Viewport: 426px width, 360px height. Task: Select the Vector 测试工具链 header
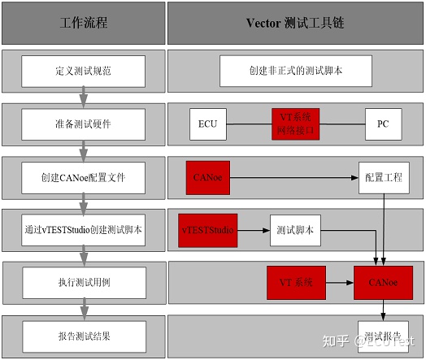[295, 23]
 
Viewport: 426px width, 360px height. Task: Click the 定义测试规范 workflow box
[84, 72]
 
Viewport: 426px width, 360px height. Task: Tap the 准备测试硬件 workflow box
[84, 124]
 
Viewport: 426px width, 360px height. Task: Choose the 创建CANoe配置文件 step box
[84, 177]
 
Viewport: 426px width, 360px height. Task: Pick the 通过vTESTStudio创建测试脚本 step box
[84, 230]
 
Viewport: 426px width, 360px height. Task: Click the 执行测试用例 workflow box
[84, 283]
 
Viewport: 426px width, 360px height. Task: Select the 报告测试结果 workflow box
[84, 336]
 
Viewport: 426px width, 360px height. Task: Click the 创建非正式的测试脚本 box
[295, 72]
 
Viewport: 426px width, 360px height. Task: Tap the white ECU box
[207, 124]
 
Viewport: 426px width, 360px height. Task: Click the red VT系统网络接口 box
[296, 124]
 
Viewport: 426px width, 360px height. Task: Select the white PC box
[383, 124]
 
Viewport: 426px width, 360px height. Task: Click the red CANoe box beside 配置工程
[208, 177]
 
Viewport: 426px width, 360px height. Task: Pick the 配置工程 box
[383, 177]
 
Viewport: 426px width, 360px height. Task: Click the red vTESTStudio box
[206, 230]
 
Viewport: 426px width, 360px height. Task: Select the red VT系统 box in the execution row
[296, 283]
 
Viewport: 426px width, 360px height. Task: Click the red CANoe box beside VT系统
[383, 283]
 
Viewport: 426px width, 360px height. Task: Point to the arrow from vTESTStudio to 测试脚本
[252, 230]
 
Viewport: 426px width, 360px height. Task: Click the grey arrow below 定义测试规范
[82, 98]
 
